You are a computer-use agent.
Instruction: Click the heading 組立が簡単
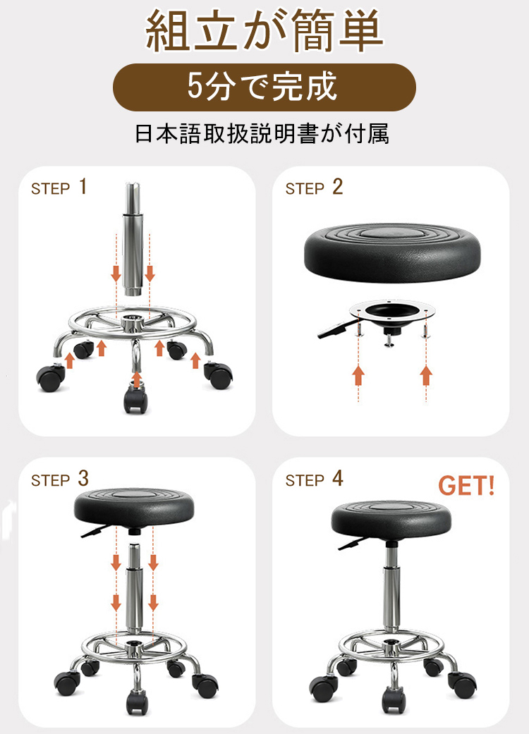click(x=264, y=31)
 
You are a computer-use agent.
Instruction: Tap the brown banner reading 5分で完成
click(x=264, y=87)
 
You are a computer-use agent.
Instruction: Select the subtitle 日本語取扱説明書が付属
click(x=262, y=133)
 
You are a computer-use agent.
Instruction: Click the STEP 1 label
click(x=59, y=187)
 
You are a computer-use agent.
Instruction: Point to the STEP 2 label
click(x=314, y=187)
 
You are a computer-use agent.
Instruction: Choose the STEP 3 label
click(x=59, y=479)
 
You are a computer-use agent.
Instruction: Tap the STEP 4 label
click(x=314, y=479)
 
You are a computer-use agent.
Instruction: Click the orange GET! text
click(x=466, y=485)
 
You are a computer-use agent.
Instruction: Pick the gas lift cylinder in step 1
click(x=133, y=239)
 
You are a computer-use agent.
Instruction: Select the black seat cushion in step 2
click(x=392, y=253)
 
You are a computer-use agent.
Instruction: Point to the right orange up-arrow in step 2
click(x=426, y=375)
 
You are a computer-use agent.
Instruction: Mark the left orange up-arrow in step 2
click(x=358, y=375)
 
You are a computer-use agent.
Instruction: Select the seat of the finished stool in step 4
click(x=391, y=519)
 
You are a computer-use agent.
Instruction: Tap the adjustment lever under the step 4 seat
click(x=351, y=544)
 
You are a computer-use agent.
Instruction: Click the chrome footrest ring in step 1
click(x=133, y=323)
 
